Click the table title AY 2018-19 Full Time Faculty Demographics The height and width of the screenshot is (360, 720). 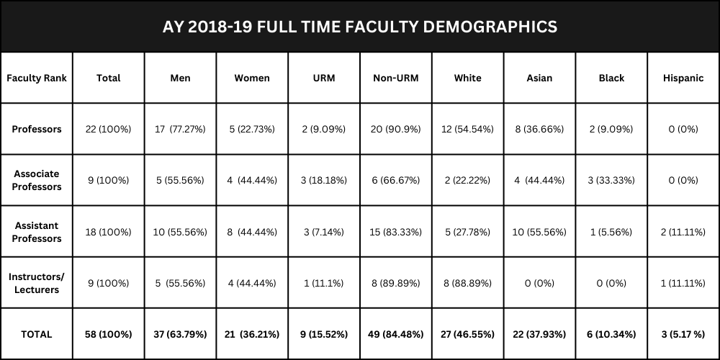click(360, 27)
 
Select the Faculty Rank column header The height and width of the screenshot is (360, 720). click(37, 78)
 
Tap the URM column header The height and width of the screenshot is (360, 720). click(324, 78)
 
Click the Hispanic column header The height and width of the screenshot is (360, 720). click(683, 78)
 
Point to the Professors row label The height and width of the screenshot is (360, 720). click(37, 130)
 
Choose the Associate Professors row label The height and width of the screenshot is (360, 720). click(37, 180)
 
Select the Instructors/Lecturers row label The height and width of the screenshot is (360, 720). click(37, 283)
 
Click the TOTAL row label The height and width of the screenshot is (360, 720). click(37, 334)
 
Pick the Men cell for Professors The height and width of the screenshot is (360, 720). click(180, 130)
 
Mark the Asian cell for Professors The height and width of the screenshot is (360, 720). click(539, 130)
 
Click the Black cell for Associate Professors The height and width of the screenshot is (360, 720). click(611, 180)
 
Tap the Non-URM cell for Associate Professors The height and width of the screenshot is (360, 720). click(396, 180)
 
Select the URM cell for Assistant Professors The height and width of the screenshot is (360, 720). click(324, 232)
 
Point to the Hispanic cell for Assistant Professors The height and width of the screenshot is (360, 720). click(683, 232)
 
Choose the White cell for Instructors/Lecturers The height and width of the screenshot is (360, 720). click(467, 283)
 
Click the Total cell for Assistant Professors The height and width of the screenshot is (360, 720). click(109, 232)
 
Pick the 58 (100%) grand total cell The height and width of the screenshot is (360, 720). click(109, 334)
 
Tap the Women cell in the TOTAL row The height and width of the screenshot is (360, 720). click(252, 334)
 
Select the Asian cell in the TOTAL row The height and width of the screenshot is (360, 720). click(539, 334)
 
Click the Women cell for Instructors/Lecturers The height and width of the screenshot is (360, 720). click(252, 283)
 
